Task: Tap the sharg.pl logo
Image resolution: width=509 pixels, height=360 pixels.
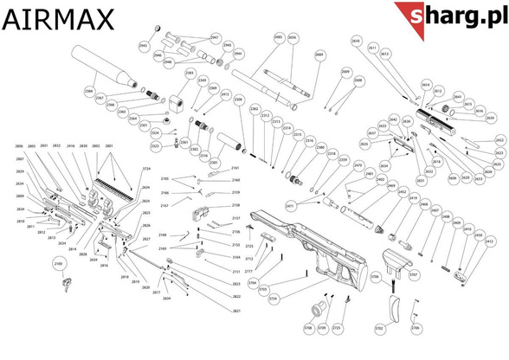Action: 451,16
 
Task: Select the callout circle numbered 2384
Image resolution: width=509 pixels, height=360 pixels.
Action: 88,90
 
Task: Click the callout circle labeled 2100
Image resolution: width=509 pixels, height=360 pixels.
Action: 60,263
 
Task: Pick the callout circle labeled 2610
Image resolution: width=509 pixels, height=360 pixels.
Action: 356,41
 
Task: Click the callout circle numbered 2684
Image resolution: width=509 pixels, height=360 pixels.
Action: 319,54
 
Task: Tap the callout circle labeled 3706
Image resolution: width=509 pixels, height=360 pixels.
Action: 376,276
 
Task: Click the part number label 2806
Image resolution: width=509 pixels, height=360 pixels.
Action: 19,146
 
